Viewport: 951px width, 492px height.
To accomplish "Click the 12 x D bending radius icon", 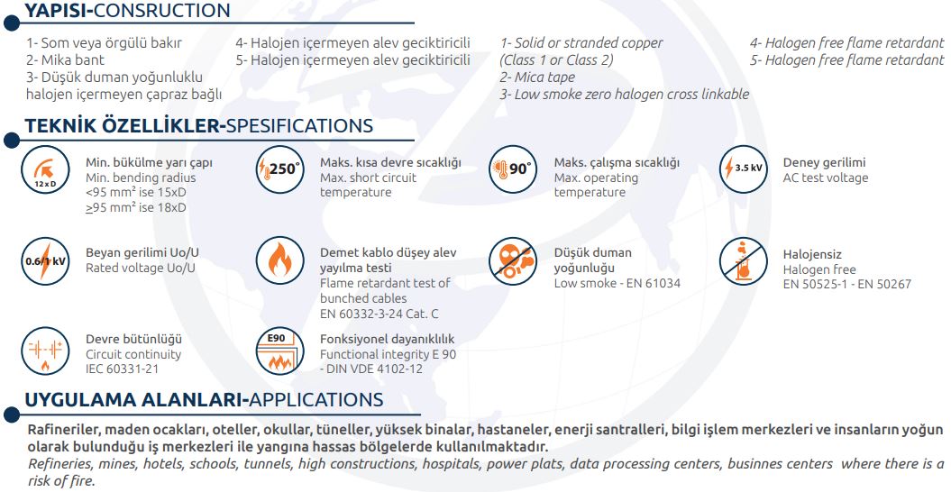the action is pos(45,170).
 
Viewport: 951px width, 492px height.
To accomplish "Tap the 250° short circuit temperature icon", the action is pos(279,170).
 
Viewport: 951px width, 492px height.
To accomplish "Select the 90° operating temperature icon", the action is pos(513,169).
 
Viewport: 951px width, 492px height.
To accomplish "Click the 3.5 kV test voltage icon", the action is pos(744,169).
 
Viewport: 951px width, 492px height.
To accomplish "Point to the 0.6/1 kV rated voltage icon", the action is pos(45,261).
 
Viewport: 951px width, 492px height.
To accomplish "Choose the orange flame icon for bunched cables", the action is pos(279,261).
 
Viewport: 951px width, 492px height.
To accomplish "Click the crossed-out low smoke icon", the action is pos(513,261).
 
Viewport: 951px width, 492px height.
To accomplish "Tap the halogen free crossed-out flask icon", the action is pos(744,261).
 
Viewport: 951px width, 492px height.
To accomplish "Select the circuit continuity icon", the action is pos(45,351).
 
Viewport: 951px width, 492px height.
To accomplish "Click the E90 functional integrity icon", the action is pos(279,351).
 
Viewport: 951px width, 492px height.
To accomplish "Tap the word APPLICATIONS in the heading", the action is pos(316,400).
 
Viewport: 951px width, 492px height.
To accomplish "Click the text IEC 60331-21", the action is pos(122,369).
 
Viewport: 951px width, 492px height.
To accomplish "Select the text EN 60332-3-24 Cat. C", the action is pos(379,314).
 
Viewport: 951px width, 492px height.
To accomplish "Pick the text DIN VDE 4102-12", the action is pos(371,369).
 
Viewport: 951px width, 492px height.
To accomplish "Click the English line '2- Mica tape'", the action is pos(537,77).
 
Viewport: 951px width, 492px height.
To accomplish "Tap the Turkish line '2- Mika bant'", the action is pos(65,60).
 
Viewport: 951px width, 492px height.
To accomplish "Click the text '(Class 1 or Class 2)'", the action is pos(557,60).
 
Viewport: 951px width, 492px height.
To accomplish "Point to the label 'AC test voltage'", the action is pos(826,178).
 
